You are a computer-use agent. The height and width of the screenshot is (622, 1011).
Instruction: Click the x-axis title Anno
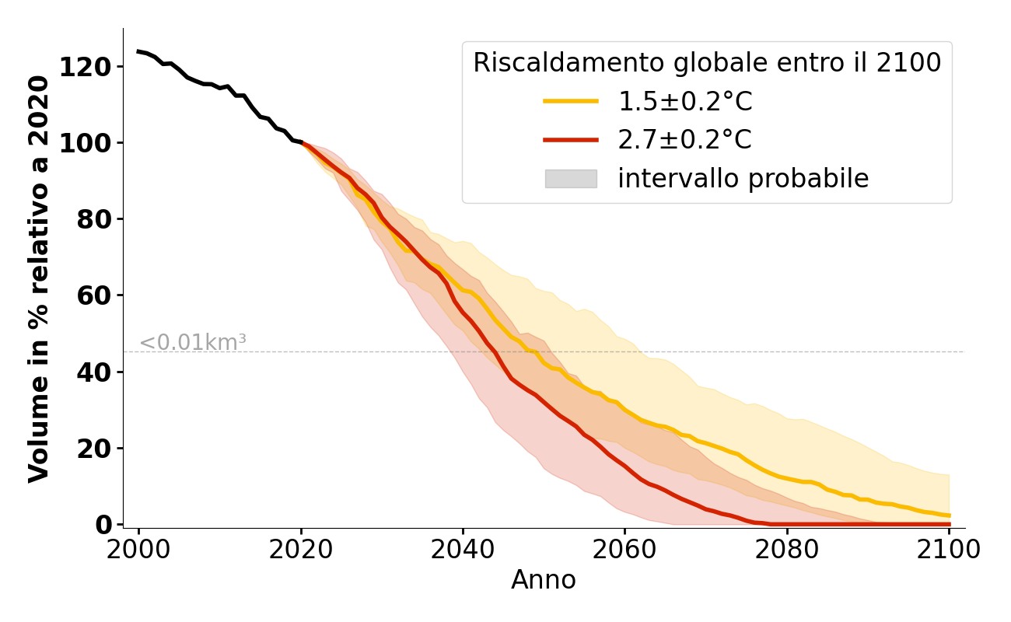[x=544, y=580]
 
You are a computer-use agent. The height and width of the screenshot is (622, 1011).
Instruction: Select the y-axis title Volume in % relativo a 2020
[x=39, y=278]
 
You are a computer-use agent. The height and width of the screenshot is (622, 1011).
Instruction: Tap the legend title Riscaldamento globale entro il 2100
[x=707, y=63]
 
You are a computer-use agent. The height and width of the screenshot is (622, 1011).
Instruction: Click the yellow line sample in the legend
[x=571, y=101]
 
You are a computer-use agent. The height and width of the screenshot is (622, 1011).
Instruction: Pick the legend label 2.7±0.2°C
[x=684, y=140]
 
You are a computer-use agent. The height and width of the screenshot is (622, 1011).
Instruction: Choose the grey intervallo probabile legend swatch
[x=571, y=179]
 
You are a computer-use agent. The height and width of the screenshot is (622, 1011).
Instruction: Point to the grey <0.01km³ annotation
[x=193, y=342]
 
